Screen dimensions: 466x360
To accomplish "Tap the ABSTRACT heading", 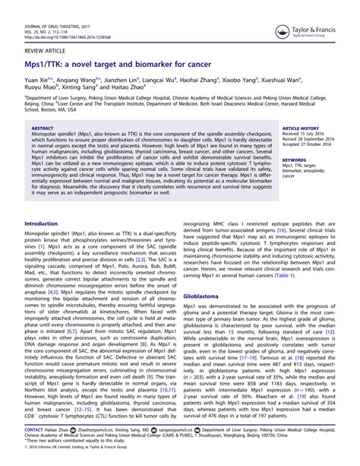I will click(x=46, y=129).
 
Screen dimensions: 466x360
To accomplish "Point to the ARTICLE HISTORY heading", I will click(x=302, y=129).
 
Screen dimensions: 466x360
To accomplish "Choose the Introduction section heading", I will click(x=47, y=224).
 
